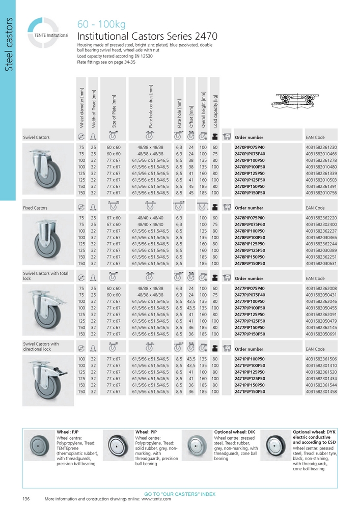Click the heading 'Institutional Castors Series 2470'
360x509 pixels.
pyautogui.click(x=147, y=36)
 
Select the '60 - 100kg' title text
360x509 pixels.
pyautogui.click(x=101, y=24)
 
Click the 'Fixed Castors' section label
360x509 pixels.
pyautogui.click(x=35, y=208)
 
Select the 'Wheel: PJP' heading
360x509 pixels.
pyautogui.click(x=68, y=432)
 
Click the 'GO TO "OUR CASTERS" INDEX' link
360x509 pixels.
pyautogui.click(x=180, y=494)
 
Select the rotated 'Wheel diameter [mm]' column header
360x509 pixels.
pyautogui.click(x=81, y=106)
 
